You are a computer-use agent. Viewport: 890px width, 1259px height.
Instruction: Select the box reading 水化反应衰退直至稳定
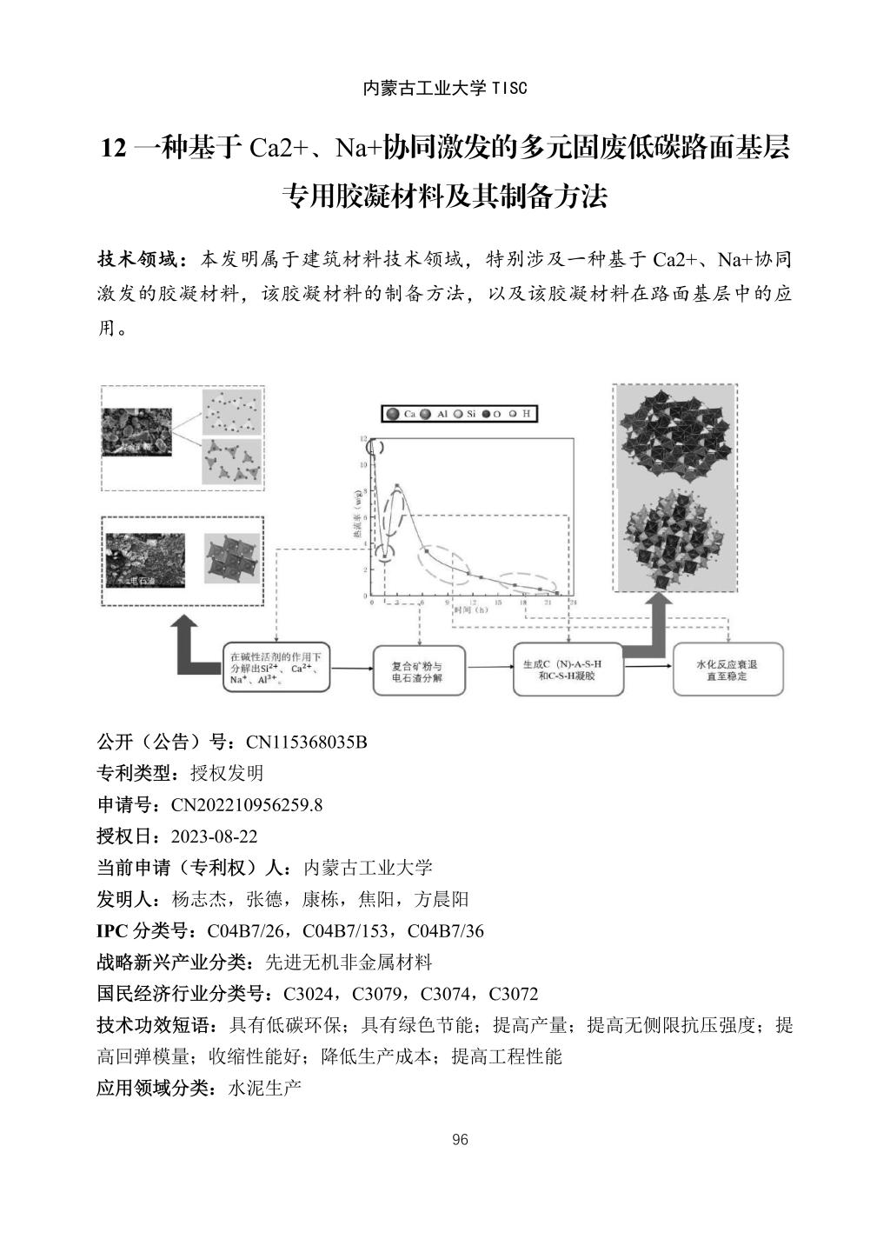727,669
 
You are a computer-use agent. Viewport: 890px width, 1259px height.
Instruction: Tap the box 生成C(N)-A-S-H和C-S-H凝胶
568,669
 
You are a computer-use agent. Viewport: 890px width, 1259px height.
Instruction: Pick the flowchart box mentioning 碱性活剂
276,669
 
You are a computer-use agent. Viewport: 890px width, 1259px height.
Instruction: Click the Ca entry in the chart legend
402,415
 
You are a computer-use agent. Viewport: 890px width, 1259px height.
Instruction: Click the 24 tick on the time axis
571,603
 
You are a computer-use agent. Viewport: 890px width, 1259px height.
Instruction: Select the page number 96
461,1140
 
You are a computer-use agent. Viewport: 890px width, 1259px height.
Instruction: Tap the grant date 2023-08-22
214,836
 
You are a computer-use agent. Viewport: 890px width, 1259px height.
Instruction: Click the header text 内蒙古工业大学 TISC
444,89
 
